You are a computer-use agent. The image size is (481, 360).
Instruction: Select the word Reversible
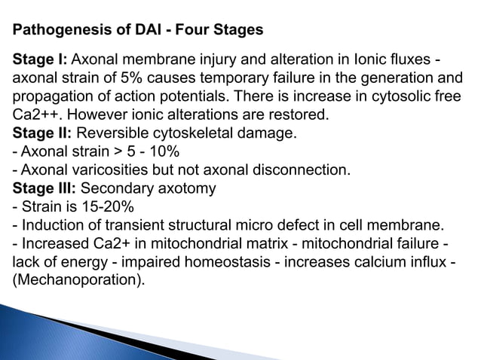click(112, 133)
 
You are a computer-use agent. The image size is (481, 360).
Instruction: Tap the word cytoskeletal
click(189, 133)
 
